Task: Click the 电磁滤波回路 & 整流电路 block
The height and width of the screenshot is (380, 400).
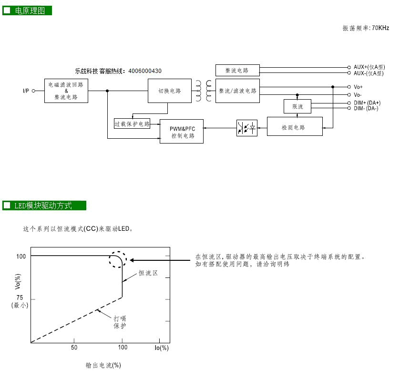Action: [66, 91]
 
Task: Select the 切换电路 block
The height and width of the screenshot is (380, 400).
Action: [170, 91]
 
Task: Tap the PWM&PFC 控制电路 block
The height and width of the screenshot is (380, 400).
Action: [182, 131]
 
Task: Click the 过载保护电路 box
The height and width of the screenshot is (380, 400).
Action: [132, 123]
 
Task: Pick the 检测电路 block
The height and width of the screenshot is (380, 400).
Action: [295, 126]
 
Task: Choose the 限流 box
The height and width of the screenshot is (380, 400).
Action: [297, 106]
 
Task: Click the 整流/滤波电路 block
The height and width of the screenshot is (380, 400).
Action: [237, 91]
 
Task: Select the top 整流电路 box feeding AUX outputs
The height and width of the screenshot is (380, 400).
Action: [237, 70]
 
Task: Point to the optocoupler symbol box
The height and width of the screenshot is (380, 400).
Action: [247, 128]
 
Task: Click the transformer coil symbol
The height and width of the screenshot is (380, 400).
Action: [204, 91]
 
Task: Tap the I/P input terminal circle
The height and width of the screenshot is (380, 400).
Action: [33, 91]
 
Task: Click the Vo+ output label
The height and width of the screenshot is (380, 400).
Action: [358, 87]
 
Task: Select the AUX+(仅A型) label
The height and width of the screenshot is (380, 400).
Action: [369, 67]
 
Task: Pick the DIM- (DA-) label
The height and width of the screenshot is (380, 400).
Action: [366, 108]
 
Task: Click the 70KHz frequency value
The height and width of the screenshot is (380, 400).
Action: [380, 28]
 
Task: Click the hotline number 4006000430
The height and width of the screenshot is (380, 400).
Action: [145, 71]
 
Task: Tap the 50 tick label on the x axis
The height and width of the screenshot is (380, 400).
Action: [74, 348]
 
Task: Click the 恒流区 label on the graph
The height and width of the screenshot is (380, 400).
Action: [148, 273]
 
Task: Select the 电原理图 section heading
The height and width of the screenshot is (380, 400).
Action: [30, 10]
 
